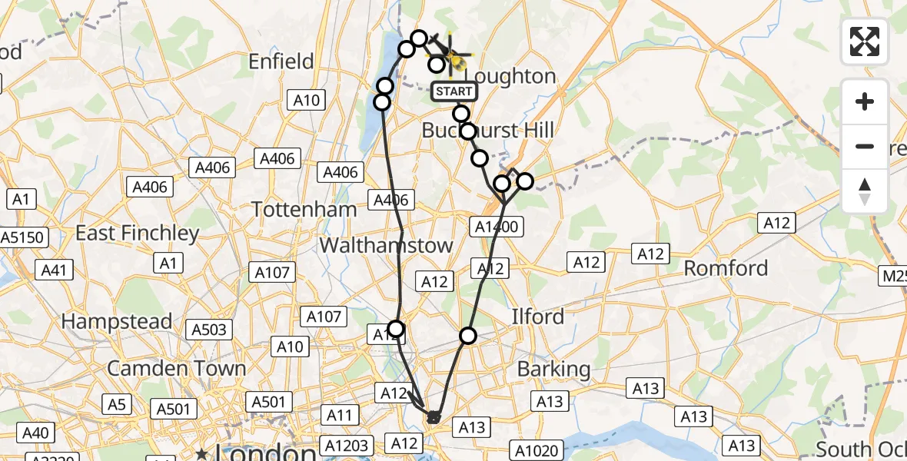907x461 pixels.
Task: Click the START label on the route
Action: pos(454,91)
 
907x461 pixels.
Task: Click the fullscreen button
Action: pos(865,41)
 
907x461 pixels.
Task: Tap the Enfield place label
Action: pos(281,61)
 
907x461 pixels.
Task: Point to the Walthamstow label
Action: pos(386,245)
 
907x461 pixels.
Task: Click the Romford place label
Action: pos(726,268)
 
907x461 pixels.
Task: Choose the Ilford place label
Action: pos(538,317)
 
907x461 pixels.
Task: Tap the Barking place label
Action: pos(553,369)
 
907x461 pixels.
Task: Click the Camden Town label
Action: pos(176,368)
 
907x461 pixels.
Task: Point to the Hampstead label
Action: pos(116,321)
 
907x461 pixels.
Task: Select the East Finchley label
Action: pos(137,233)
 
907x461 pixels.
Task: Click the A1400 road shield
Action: pos(498,226)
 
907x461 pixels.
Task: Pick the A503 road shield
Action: pos(209,330)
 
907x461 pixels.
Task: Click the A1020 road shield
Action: pos(537,450)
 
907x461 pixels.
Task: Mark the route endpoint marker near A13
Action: pos(434,417)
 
